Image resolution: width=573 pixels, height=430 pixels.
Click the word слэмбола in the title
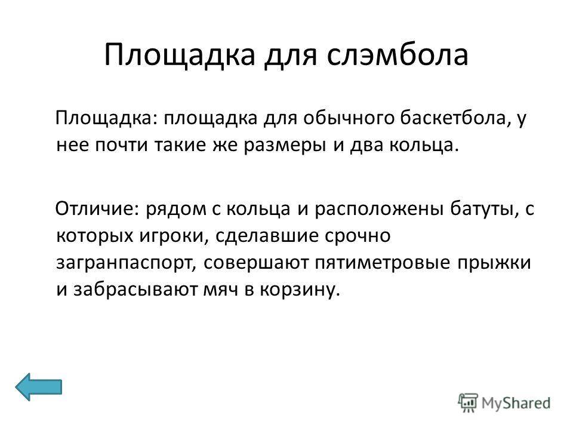tap(398, 55)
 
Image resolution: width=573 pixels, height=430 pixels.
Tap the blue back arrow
tap(38, 386)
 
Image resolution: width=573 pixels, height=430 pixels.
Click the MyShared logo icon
tap(468, 403)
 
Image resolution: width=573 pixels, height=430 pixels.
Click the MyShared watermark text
tap(516, 403)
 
